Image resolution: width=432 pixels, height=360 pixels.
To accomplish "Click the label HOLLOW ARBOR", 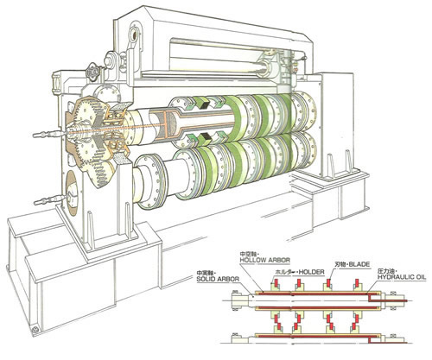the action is [265, 260].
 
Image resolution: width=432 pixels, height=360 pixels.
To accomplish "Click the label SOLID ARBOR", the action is [218, 279].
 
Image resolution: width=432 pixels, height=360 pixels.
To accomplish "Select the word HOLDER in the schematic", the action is [311, 272].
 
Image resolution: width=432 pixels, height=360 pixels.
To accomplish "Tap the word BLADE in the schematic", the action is [359, 264].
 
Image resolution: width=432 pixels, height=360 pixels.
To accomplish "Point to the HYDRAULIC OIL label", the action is [402, 277].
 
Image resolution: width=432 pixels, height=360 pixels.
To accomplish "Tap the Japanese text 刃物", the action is [340, 264].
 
